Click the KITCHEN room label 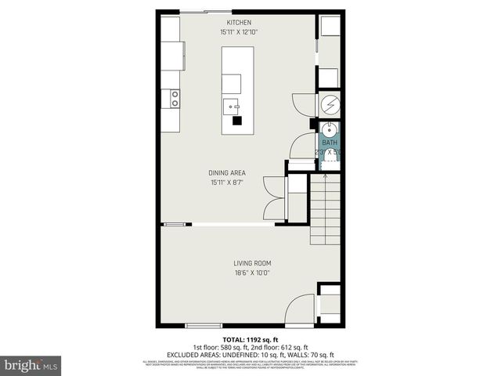240,22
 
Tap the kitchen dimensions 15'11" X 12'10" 240,32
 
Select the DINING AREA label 227,172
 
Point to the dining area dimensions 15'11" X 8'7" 227,183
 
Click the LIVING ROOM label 252,263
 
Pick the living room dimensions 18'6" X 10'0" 252,273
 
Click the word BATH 330,143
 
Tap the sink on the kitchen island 232,106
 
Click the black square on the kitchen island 236,121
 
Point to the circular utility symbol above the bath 330,103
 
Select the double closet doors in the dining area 272,198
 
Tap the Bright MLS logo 31,366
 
